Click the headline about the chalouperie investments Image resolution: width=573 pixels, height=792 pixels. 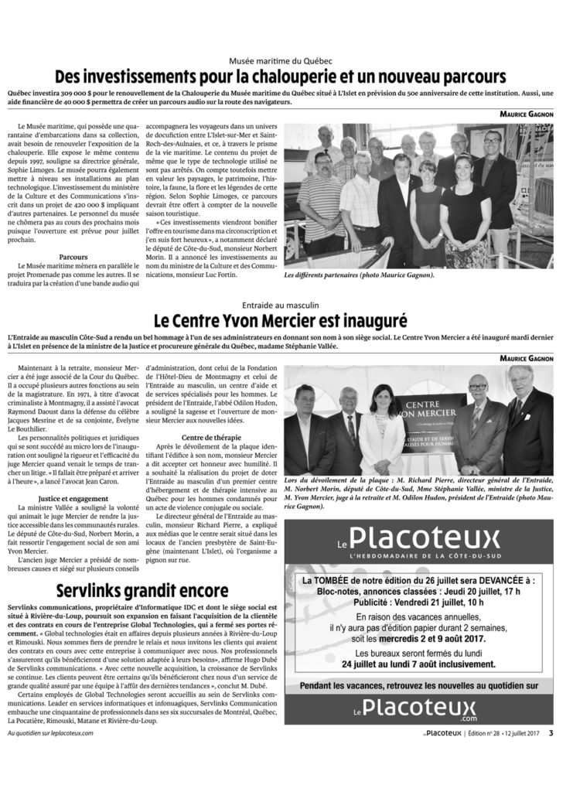pos(286,77)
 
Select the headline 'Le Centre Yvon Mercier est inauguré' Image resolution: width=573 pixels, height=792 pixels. pos(286,318)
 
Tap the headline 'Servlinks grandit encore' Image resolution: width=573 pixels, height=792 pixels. pos(146,591)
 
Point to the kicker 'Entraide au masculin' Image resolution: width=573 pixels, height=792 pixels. pos(286,302)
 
